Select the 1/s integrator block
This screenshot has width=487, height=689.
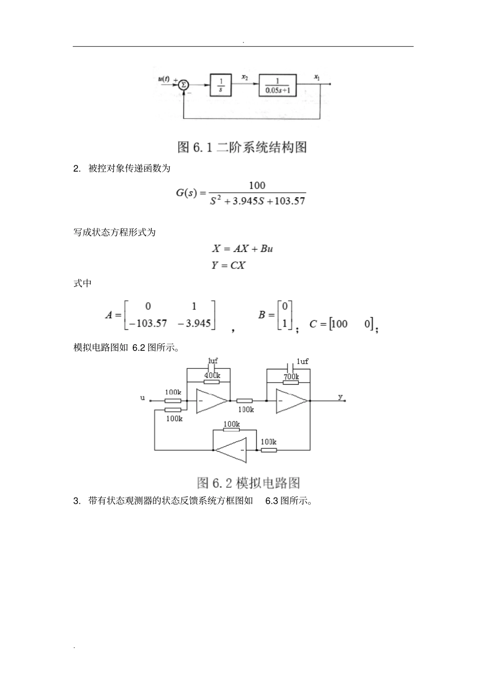(x=221, y=85)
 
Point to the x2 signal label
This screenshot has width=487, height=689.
(x=245, y=77)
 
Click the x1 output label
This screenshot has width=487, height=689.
(x=317, y=78)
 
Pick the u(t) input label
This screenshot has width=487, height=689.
(x=165, y=78)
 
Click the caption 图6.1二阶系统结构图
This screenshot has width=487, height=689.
(x=242, y=147)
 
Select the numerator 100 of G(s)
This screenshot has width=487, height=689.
(x=257, y=185)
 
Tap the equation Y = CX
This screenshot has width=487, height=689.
(x=229, y=265)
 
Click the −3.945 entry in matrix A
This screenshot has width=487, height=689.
(x=194, y=323)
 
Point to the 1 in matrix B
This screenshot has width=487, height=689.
(x=285, y=324)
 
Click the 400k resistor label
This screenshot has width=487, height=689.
(x=212, y=375)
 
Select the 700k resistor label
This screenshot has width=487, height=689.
(x=291, y=377)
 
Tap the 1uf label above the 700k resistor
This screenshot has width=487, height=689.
(x=302, y=362)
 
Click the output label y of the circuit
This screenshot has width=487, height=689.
(x=340, y=397)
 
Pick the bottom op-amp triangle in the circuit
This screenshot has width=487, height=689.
(x=231, y=450)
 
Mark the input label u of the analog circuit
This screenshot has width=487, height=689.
(x=143, y=398)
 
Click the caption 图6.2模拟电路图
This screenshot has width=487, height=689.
(x=249, y=483)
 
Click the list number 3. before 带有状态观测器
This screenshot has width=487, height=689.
(x=77, y=501)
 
